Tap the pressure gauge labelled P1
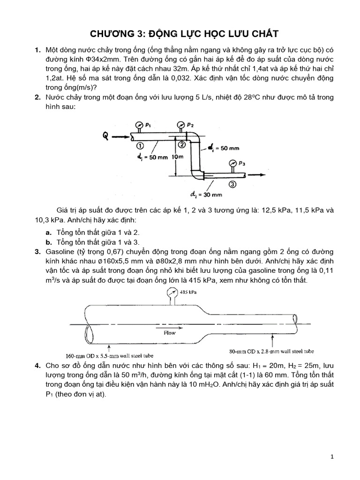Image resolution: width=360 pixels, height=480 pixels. pos(139,125)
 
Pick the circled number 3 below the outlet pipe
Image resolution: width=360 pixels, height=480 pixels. pos(232,184)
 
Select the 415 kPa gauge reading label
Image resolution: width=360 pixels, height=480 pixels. pos(189,292)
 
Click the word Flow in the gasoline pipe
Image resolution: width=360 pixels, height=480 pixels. pos(170,333)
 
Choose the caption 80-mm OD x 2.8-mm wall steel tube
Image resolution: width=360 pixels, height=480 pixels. pos(271,351)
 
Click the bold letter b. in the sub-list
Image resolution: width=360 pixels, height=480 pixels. pos(49,242)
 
